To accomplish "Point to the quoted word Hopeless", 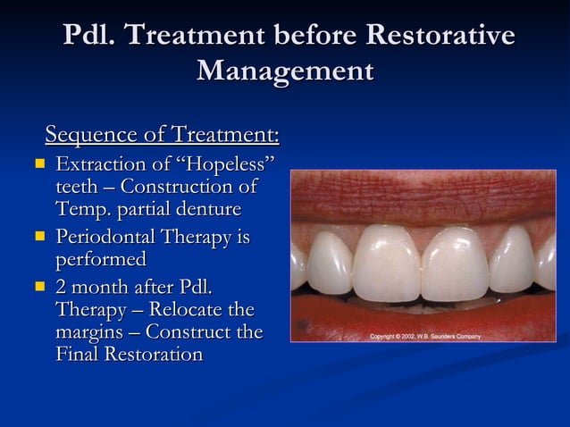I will point(219,164).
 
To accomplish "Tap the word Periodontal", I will point(105,239).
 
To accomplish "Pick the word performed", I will point(100,260).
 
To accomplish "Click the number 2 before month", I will point(62,289).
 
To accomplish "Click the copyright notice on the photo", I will point(425,336).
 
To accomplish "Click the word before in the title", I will point(313,36).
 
